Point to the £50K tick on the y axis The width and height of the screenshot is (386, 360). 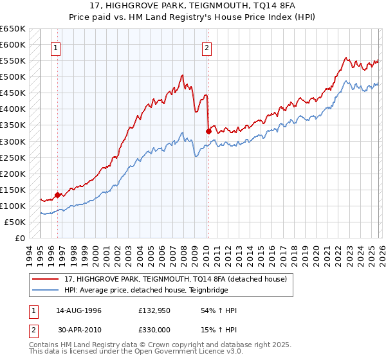(x=15, y=222)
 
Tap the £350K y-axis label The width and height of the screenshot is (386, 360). (x=13, y=125)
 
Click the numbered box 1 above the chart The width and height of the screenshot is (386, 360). (x=56, y=47)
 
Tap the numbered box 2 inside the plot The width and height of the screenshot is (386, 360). (x=207, y=47)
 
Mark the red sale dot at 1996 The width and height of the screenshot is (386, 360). (x=58, y=195)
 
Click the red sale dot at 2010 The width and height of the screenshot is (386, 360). (x=208, y=131)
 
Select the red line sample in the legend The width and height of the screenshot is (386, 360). (x=45, y=278)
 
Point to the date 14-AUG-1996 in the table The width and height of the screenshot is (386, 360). (x=78, y=310)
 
